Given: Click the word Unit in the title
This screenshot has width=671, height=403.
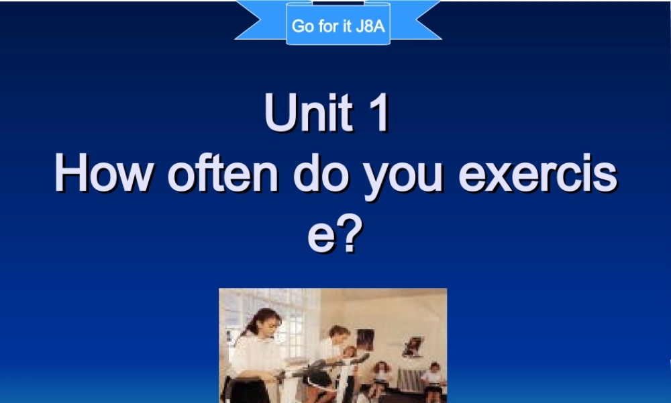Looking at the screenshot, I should (x=308, y=114).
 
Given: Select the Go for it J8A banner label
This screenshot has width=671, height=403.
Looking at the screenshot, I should (x=338, y=27).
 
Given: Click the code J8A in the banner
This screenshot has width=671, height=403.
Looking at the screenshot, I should (x=371, y=27).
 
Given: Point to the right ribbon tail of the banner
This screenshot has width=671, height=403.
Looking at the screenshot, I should (x=416, y=19).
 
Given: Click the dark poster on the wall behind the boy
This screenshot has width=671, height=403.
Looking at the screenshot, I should (x=364, y=340).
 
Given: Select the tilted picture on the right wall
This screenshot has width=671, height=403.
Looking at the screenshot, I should (x=412, y=347).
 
